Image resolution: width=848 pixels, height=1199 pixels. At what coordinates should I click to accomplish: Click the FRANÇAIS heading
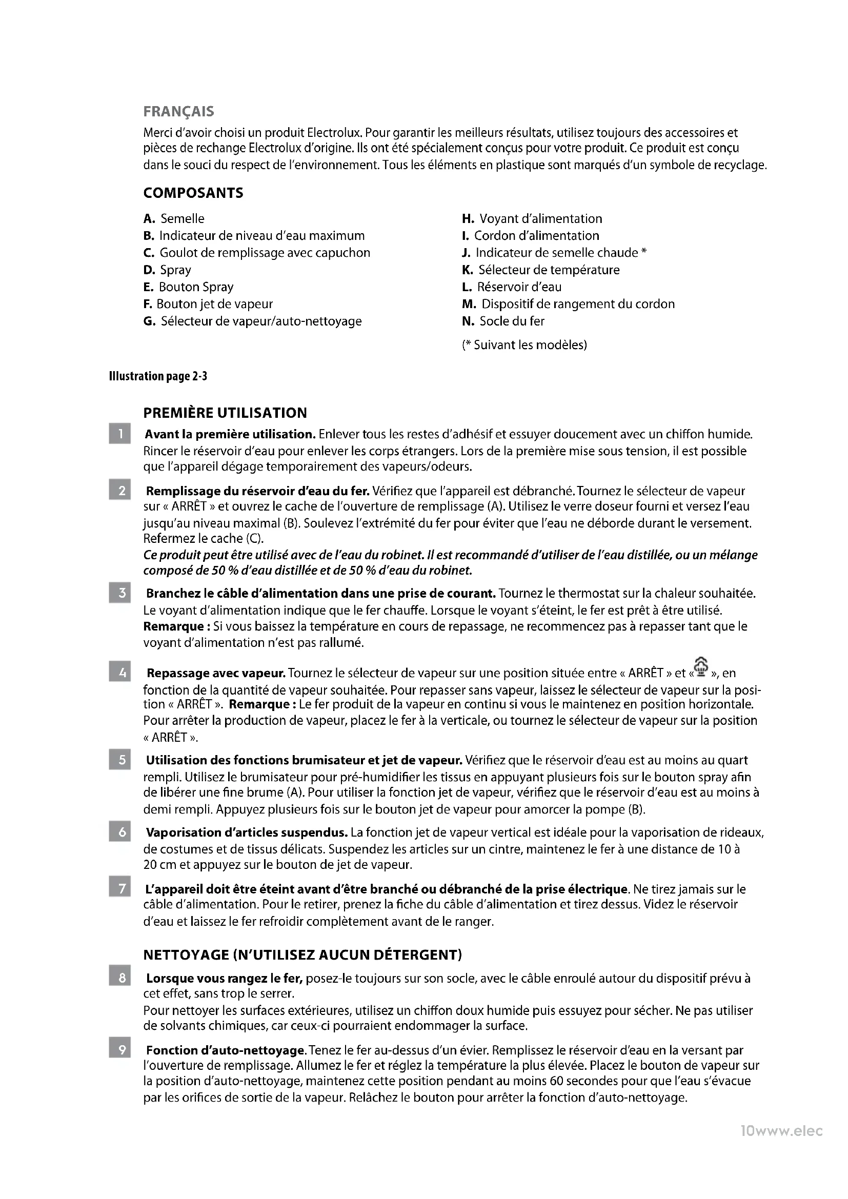pos(178,112)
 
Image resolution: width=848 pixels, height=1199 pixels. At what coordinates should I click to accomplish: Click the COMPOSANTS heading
pos(193,193)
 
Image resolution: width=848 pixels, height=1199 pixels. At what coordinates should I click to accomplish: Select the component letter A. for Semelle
pos(149,219)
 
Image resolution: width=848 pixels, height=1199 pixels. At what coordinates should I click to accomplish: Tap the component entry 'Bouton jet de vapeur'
pos(214,304)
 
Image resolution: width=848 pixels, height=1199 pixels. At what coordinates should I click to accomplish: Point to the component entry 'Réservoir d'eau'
pos(519,287)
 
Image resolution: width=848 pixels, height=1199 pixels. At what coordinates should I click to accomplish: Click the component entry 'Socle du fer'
pos(511,321)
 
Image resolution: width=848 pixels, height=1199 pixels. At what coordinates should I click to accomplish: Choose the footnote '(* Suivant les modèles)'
pos(524,344)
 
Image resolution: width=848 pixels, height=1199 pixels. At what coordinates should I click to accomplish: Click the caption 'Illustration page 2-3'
pos(158,376)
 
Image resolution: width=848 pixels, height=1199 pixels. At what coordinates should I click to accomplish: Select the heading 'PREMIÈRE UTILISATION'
pos(225,413)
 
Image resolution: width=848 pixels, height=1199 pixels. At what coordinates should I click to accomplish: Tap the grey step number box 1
pos(119,434)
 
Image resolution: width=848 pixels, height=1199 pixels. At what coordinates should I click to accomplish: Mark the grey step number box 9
pos(119,1050)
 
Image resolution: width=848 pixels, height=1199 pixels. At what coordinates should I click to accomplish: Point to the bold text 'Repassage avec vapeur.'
pos(216,673)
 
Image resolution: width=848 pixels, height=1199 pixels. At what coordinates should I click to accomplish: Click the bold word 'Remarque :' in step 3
pos(176,626)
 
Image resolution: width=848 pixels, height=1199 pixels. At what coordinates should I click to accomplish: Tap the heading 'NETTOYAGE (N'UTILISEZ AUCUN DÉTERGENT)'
pos(302,955)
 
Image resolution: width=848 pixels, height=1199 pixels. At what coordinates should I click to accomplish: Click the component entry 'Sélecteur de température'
pos(549,270)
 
